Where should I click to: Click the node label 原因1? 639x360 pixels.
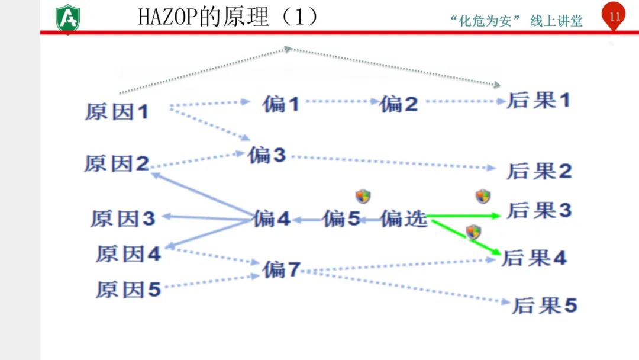[117, 112]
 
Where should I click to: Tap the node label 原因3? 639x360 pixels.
[123, 218]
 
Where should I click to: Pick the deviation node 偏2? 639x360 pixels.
[399, 105]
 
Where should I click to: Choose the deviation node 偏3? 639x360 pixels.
[267, 155]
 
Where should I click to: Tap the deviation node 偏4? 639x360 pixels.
[272, 218]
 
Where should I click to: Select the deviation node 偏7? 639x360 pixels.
[282, 270]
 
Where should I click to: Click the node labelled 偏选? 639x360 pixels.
[404, 218]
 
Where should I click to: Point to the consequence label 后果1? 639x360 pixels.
[538, 101]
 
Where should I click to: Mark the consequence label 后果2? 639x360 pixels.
[540, 171]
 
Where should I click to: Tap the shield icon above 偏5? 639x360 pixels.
[363, 197]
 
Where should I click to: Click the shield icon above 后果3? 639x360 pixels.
[483, 196]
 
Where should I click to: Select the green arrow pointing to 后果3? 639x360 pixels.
[464, 216]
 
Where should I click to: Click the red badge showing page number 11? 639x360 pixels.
[614, 17]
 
